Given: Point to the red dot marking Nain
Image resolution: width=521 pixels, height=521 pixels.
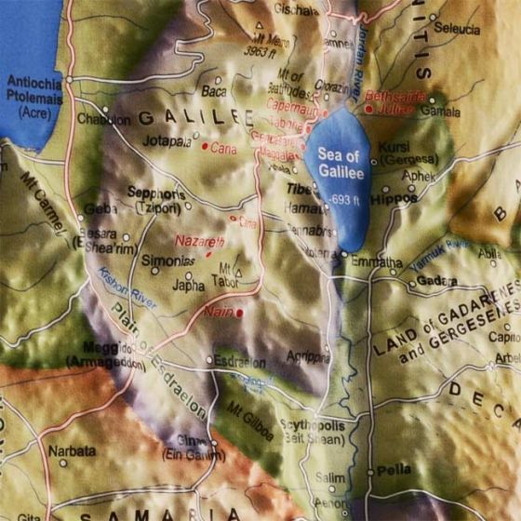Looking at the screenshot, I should (x=239, y=314).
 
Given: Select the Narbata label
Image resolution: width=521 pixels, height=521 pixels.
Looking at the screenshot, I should (x=72, y=451).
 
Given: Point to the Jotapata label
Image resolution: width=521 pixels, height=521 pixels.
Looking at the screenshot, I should (x=167, y=140).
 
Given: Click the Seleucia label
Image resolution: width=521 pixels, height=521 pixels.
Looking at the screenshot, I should (x=458, y=28).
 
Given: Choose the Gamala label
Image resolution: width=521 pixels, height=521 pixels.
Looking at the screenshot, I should (x=442, y=111).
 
